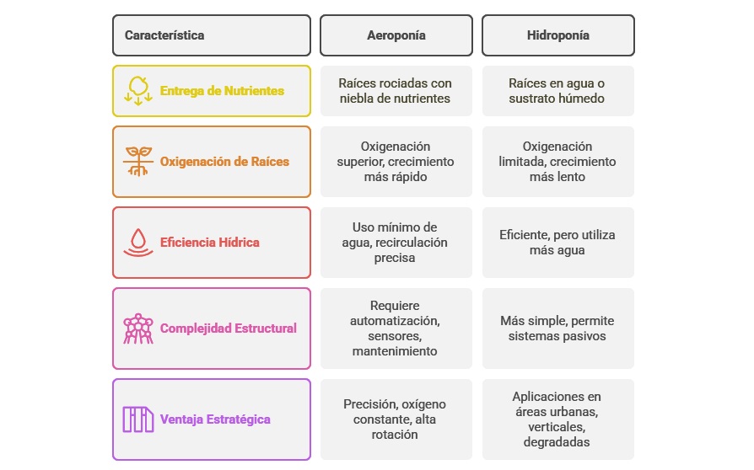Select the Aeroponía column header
pos(396,35)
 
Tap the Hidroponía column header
pos(557,35)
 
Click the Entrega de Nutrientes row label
pos(222,91)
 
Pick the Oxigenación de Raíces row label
pos(224,162)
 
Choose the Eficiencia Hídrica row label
pos(210,243)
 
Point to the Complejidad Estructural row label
pos(229,328)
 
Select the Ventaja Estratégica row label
pos(215,419)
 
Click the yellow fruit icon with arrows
pos(138,90)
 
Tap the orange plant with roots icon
pos(138,161)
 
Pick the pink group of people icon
pos(138,328)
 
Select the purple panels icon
pos(138,419)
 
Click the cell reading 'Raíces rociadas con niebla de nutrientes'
pos(396,91)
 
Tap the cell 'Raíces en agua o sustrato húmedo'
pos(557,91)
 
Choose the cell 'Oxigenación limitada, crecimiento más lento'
pos(557,162)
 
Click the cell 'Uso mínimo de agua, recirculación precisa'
pos(396,243)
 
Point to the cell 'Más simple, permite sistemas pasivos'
pos(557,328)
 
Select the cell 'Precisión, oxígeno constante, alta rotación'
pos(396,419)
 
